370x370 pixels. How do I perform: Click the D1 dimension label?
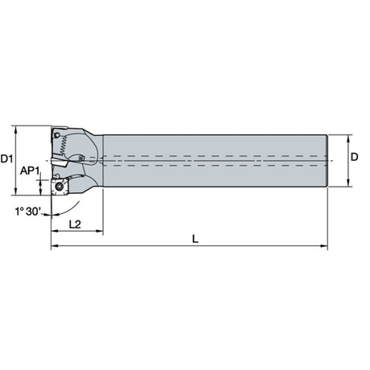pos(6,158)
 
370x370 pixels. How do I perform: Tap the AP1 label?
pos(30,171)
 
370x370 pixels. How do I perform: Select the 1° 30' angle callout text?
pos(28,212)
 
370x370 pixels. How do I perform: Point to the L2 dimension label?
pos(75,224)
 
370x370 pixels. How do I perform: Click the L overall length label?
pos(195,239)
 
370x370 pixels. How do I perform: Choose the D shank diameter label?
pos(355,157)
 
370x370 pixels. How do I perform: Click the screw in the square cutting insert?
pos(59,186)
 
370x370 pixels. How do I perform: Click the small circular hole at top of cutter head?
pos(56,135)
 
